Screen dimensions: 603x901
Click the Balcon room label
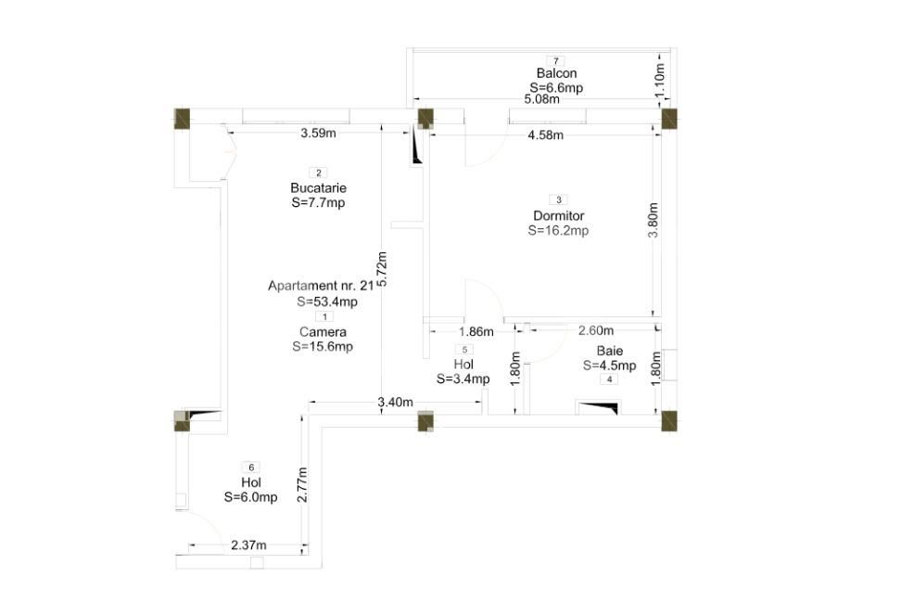click(x=556, y=73)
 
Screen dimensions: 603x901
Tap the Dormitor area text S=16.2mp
click(x=558, y=231)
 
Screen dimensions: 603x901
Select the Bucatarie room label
click(x=318, y=188)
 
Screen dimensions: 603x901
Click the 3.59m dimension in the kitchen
click(x=318, y=134)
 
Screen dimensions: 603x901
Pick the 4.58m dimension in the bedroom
click(x=546, y=135)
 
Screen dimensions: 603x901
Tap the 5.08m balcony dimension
click(x=542, y=99)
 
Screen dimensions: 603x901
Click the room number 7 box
click(x=556, y=60)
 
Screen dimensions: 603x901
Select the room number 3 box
click(x=558, y=199)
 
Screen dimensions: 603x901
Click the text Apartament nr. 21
click(x=321, y=286)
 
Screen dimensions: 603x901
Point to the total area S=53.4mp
click(x=327, y=301)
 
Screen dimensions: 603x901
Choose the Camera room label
click(x=323, y=332)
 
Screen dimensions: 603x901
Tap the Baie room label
click(x=609, y=352)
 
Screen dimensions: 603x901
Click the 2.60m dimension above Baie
click(x=595, y=331)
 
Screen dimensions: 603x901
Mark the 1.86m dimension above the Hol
click(x=476, y=331)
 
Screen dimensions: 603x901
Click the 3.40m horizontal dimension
click(x=396, y=402)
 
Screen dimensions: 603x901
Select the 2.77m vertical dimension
click(x=302, y=484)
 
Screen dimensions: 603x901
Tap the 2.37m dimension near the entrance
click(x=248, y=545)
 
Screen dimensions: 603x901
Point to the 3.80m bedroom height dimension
click(x=654, y=221)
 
